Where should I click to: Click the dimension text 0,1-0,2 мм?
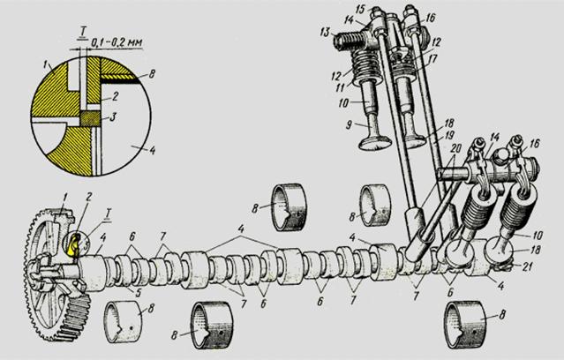pyautogui.click(x=116, y=41)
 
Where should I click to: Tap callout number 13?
pyautogui.click(x=325, y=33)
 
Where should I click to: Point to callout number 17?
pyautogui.click(x=432, y=58)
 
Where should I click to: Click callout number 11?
pyautogui.click(x=341, y=86)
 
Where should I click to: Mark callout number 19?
pyautogui.click(x=449, y=135)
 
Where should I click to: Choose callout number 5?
pyautogui.click(x=138, y=292)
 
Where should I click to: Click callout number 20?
pyautogui.click(x=455, y=148)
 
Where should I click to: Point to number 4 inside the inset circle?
pyautogui.click(x=153, y=150)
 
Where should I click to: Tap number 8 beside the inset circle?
pyautogui.click(x=153, y=75)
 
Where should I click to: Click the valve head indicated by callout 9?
pyautogui.click(x=375, y=142)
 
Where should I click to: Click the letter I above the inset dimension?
pyautogui.click(x=83, y=33)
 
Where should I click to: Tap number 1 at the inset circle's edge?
pyautogui.click(x=46, y=64)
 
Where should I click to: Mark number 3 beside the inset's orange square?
pyautogui.click(x=113, y=116)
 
